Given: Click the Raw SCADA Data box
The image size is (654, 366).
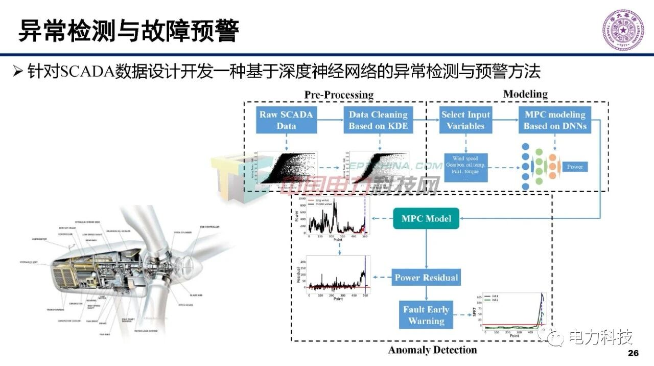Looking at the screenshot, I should (286, 121).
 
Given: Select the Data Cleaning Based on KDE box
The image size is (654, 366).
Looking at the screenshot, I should (378, 121).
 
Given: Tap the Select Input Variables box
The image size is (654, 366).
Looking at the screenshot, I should (465, 121).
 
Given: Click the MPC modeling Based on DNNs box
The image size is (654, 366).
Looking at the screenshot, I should (555, 121).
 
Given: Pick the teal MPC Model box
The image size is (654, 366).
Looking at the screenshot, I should (426, 219).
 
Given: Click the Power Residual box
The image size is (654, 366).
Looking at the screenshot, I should (426, 278).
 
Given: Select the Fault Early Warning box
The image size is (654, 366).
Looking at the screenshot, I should (426, 315).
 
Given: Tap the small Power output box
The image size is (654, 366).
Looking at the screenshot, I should (575, 167).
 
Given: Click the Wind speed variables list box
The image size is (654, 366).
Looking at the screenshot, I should (465, 168).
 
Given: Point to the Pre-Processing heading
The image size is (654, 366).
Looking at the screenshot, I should (339, 95).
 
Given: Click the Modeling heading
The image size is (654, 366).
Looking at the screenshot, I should (525, 94).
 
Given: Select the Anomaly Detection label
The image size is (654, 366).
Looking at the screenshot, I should (432, 350).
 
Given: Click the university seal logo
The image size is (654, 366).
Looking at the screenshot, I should (623, 31).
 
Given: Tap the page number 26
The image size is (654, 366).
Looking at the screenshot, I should (633, 354).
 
